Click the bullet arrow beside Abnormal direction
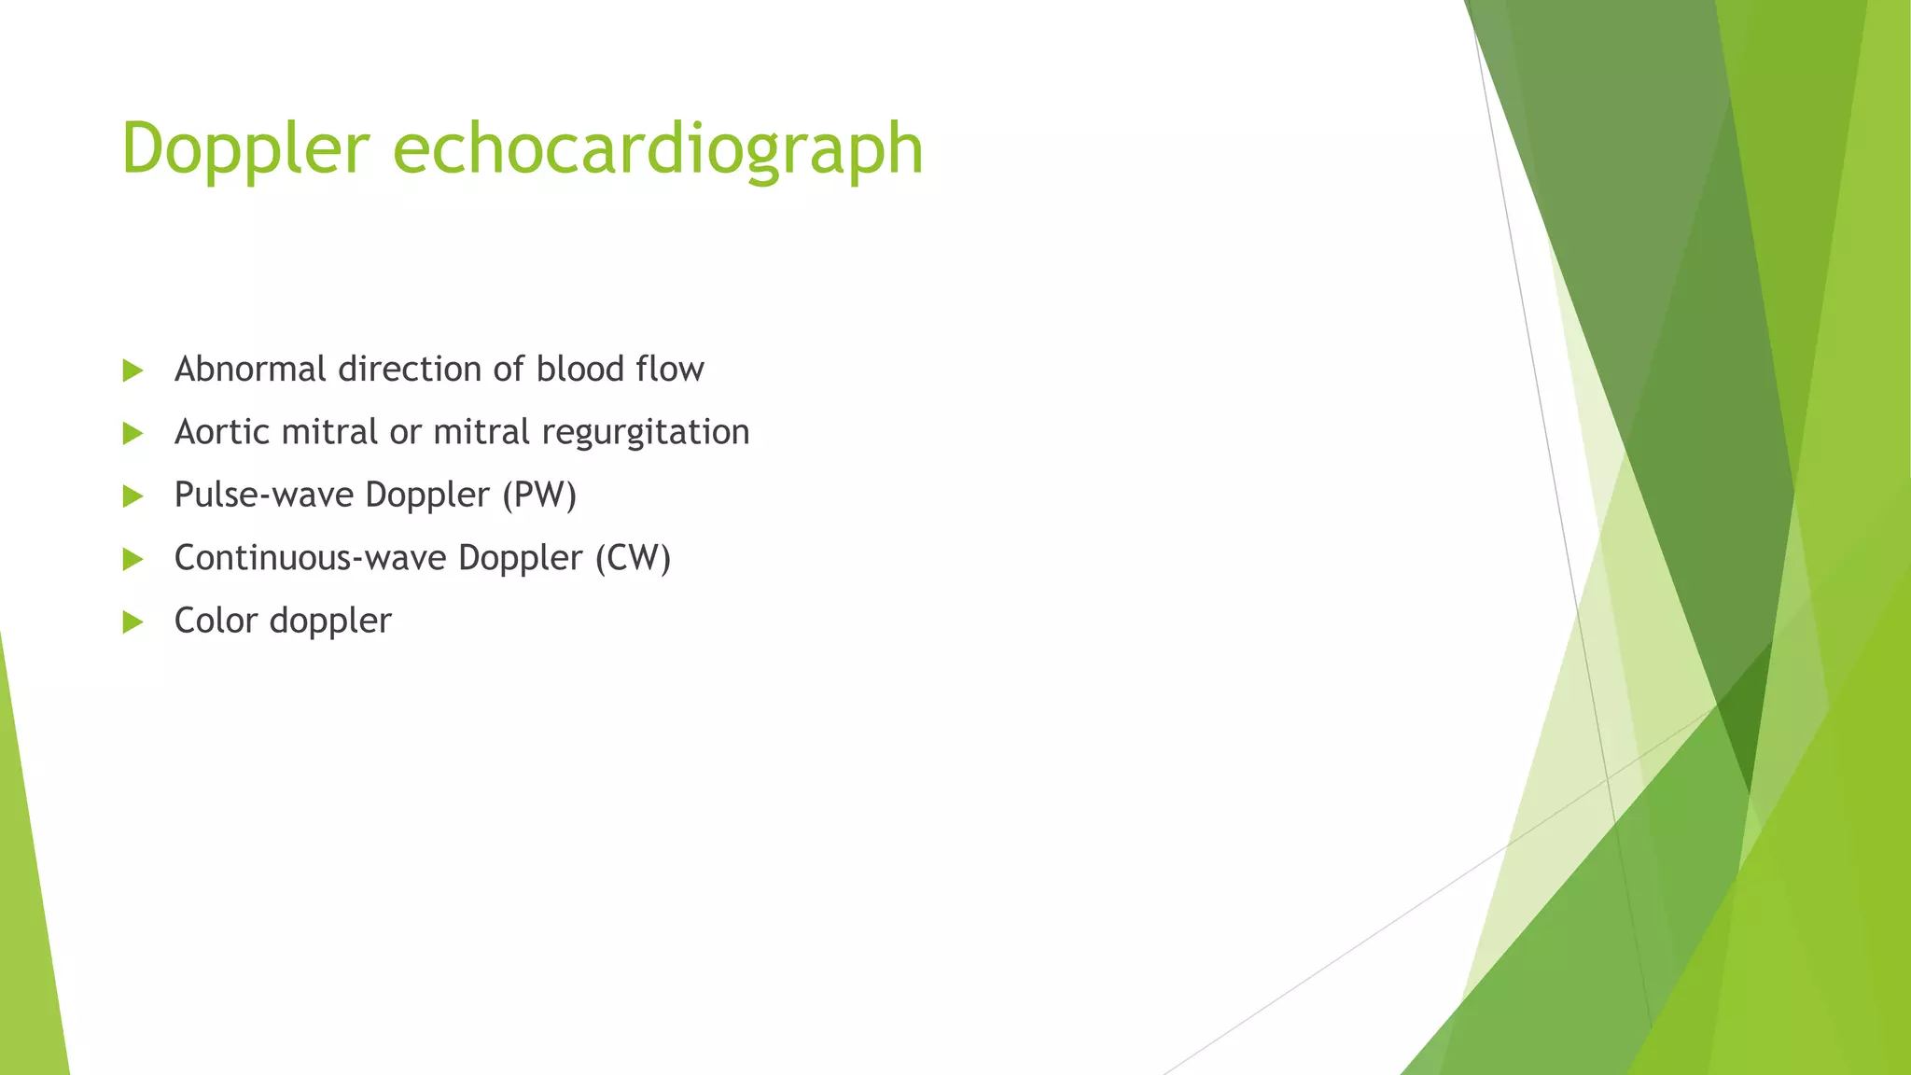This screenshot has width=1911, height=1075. point(133,370)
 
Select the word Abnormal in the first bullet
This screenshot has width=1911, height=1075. point(250,370)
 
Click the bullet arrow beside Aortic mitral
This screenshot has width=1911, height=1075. point(133,433)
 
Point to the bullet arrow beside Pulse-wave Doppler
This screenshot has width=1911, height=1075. point(133,496)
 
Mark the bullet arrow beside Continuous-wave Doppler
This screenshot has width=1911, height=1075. point(133,559)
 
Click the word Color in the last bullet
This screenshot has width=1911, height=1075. point(216,621)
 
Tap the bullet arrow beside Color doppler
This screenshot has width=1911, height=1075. point(133,621)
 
